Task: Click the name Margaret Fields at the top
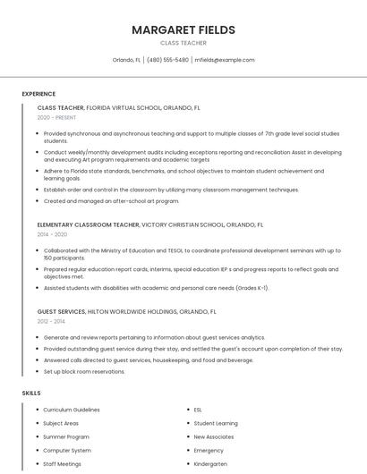tap(183, 30)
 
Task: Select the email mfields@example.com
tap(225, 60)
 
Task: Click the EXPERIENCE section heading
tap(38, 93)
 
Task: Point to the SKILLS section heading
tap(31, 393)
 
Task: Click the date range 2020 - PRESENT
tap(56, 117)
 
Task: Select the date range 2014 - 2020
tap(52, 234)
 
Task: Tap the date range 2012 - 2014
tap(51, 320)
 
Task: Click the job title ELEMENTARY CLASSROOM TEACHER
tap(89, 224)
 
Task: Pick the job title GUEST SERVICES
tap(61, 311)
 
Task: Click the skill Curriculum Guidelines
tap(72, 410)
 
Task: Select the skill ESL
tap(198, 410)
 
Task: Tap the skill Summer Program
tap(66, 436)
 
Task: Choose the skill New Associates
tap(213, 436)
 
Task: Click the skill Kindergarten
tap(210, 464)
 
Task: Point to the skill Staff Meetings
tap(62, 464)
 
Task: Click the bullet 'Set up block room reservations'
tap(84, 371)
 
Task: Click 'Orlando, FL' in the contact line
tap(126, 60)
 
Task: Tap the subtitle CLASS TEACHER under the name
tap(183, 43)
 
